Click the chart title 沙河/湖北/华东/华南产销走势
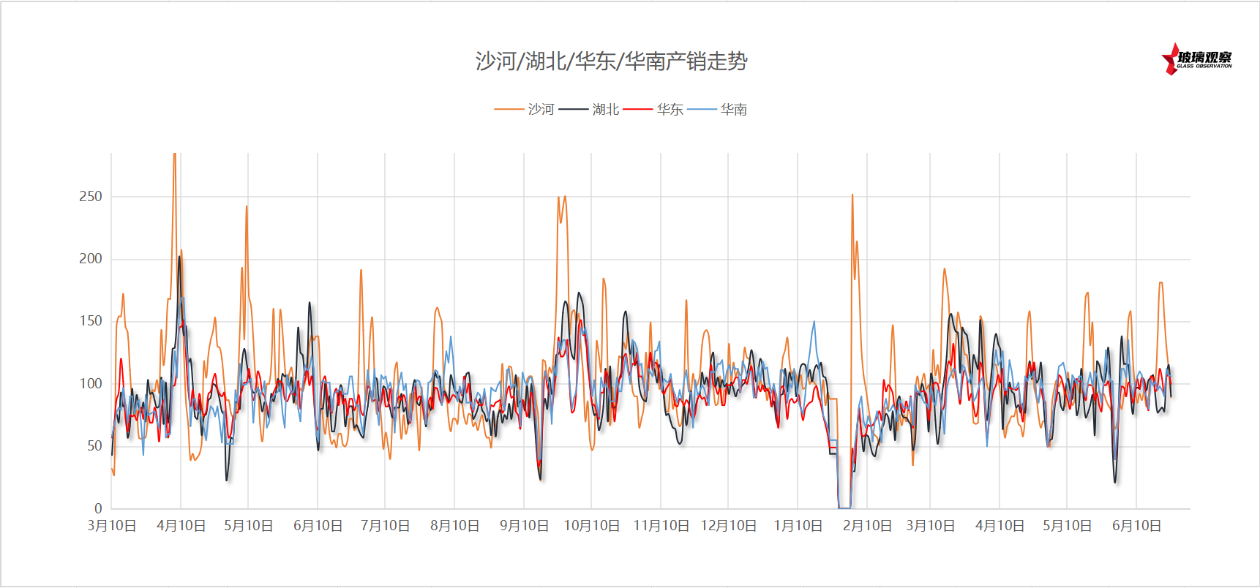pyautogui.click(x=611, y=61)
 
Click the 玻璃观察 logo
pyautogui.click(x=1197, y=59)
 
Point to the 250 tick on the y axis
pyautogui.click(x=91, y=196)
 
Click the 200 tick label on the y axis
pyautogui.click(x=91, y=258)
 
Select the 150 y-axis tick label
pyautogui.click(x=91, y=320)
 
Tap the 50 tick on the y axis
pyautogui.click(x=94, y=445)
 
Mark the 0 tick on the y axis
pyautogui.click(x=98, y=508)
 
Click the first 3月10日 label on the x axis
pyautogui.click(x=112, y=526)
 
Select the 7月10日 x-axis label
pyautogui.click(x=385, y=526)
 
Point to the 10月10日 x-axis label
pyautogui.click(x=591, y=526)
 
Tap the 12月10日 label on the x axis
pyautogui.click(x=728, y=526)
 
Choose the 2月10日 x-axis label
pyautogui.click(x=867, y=526)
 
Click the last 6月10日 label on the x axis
pyautogui.click(x=1136, y=526)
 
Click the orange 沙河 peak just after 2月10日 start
pyautogui.click(x=852, y=195)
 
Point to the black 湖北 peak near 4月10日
pyautogui.click(x=179, y=257)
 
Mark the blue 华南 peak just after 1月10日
pyautogui.click(x=814, y=322)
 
